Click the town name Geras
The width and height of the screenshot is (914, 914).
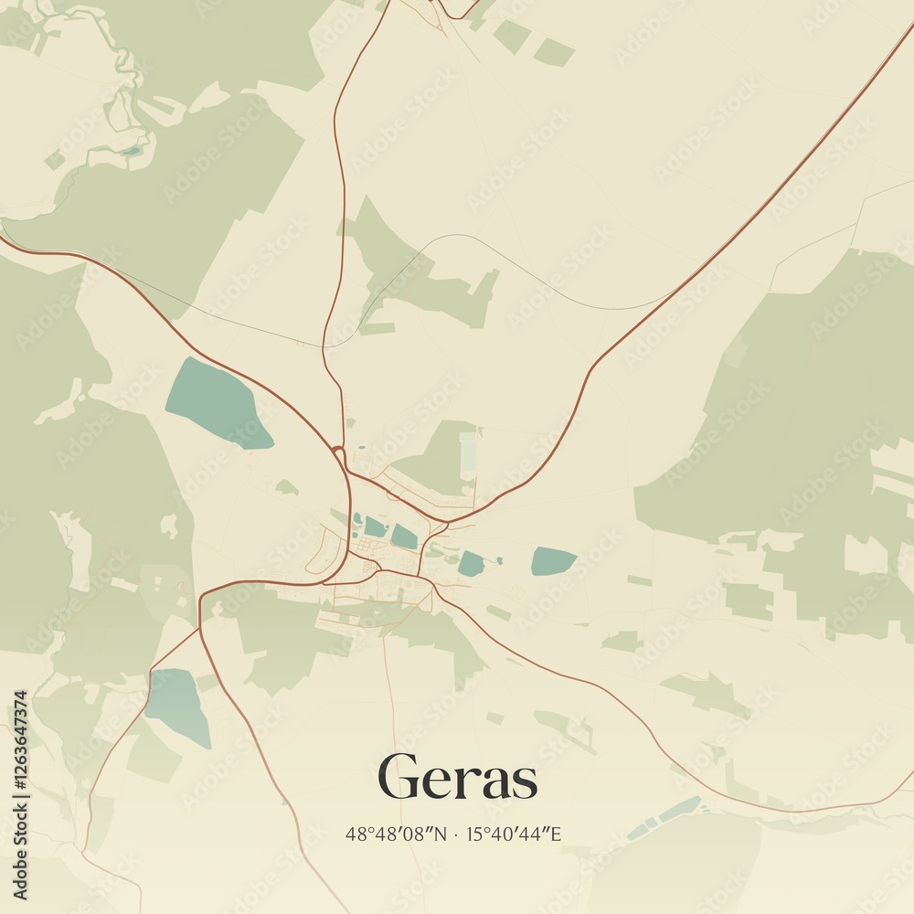click(457, 779)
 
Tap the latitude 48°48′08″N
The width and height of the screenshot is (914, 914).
click(396, 834)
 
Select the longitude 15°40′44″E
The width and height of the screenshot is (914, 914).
click(514, 834)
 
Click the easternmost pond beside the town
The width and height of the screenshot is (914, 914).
click(553, 560)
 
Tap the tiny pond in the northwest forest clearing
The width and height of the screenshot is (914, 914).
click(133, 151)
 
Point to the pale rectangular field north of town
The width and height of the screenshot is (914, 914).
click(468, 452)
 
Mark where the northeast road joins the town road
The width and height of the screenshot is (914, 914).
click(446, 524)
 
